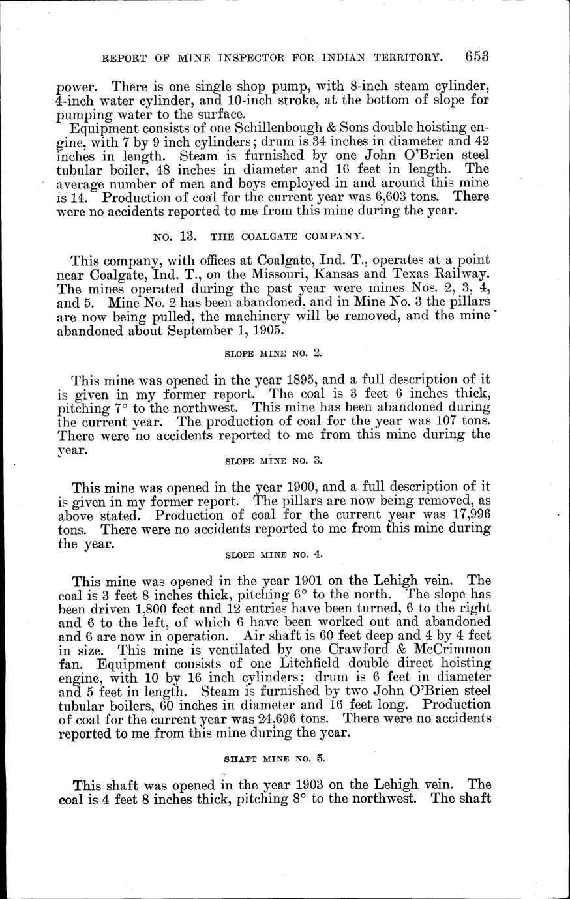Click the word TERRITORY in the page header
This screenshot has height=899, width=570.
[402, 58]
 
